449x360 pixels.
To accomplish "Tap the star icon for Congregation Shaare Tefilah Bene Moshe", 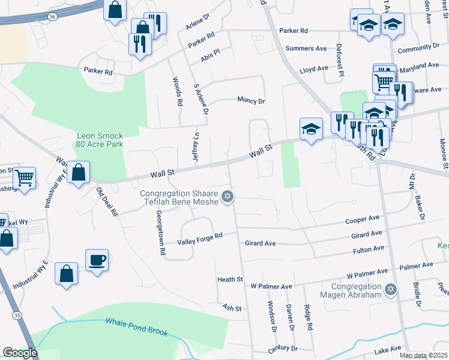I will click(227, 197).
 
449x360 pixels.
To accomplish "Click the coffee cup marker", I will click(97, 260).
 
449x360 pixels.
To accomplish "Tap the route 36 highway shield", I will click(52, 17).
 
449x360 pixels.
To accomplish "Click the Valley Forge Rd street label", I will click(200, 238).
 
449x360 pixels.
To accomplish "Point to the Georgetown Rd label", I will click(161, 233).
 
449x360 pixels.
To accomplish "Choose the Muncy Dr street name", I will click(251, 101).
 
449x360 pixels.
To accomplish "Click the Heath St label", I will click(230, 280).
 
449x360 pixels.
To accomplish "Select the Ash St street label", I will click(231, 308).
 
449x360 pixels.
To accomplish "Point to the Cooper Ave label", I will click(363, 220).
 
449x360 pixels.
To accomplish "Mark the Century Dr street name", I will click(283, 349).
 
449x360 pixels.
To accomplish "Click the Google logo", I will click(20, 353).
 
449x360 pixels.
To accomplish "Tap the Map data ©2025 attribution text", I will click(424, 355).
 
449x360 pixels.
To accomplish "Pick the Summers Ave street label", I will click(306, 48).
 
